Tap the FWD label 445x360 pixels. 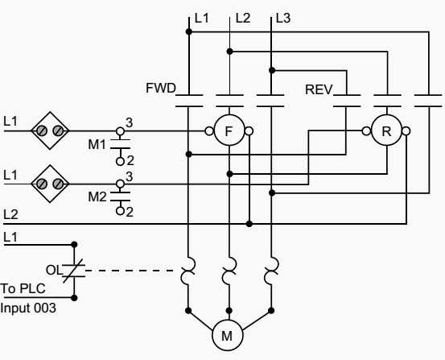coord(161,88)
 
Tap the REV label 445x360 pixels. coord(319,89)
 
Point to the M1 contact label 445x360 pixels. coord(97,145)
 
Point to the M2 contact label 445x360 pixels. coord(97,197)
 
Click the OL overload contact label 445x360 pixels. coord(54,270)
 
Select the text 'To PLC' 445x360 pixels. coord(23,288)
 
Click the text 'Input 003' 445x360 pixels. coord(28,308)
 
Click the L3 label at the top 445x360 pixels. coord(283,19)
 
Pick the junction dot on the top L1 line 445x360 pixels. coord(189,31)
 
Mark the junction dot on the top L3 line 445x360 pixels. coord(272,70)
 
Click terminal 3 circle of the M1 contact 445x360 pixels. coord(121,131)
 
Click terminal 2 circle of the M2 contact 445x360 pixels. coord(121,211)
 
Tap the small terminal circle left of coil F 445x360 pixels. coord(209,131)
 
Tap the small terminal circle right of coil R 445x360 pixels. coord(406,131)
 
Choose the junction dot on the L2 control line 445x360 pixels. coord(249,224)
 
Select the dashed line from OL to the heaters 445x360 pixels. coord(130,271)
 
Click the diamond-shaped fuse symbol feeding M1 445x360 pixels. coord(50,130)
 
